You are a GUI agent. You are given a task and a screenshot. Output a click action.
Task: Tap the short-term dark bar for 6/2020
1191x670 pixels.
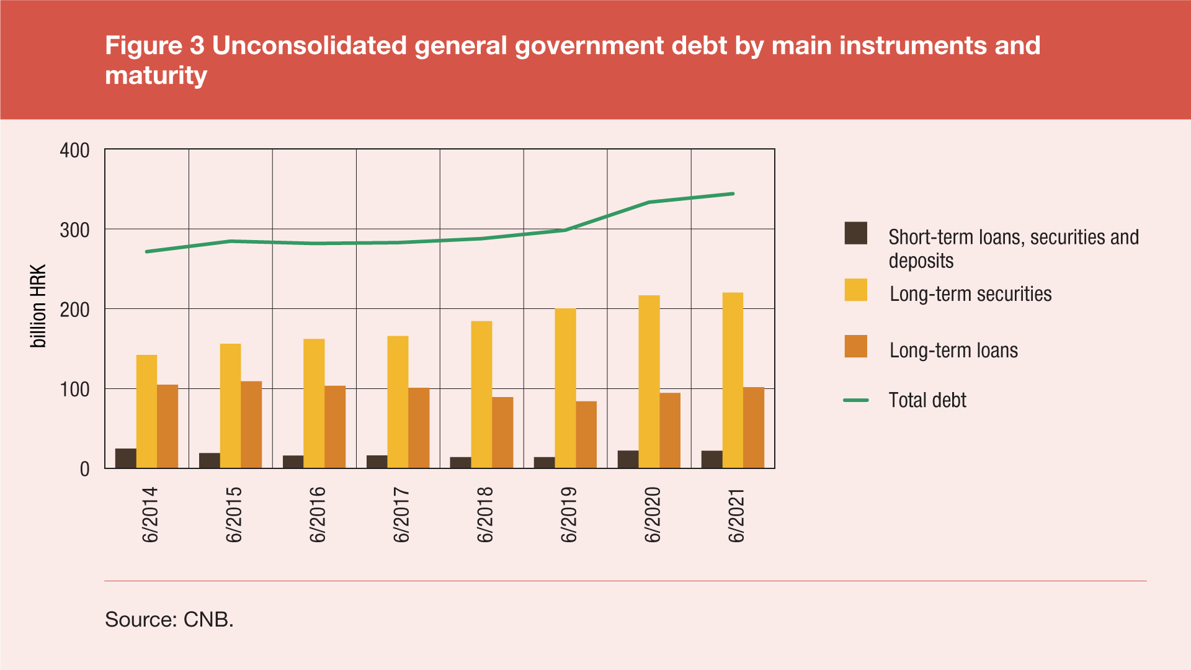(628, 459)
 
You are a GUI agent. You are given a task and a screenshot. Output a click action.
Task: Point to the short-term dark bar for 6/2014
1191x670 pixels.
(125, 458)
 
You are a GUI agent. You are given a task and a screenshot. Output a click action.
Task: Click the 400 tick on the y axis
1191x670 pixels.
(74, 151)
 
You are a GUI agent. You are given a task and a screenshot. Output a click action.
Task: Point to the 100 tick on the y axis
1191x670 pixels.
(74, 390)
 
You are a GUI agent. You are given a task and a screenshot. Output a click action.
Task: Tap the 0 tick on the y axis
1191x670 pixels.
(84, 469)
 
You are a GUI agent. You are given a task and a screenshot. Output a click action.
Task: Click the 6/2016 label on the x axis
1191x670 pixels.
(318, 515)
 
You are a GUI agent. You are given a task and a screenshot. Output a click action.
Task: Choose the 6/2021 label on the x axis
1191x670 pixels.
(736, 515)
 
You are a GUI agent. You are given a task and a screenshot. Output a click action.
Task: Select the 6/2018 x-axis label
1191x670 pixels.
(485, 515)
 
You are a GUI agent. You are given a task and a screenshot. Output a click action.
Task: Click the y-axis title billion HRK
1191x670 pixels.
(38, 306)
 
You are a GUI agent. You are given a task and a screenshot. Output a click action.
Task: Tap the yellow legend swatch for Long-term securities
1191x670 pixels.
(855, 290)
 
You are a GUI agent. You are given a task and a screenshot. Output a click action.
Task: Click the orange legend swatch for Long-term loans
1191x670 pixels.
(855, 347)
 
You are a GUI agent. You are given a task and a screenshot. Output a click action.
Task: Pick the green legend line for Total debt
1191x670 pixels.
(855, 401)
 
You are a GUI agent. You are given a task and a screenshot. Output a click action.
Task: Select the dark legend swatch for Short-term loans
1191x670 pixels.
(855, 233)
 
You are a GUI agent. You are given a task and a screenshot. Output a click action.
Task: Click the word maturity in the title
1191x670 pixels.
(156, 76)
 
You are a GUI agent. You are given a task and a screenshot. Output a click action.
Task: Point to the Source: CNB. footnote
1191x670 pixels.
(169, 619)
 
